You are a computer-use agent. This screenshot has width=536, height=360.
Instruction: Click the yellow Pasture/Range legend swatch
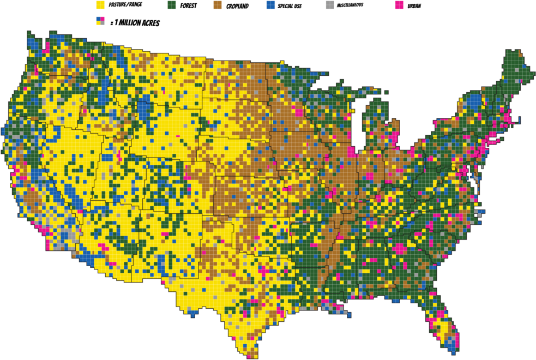coord(100,5)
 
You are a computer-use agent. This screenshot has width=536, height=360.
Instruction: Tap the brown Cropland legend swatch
coord(217,5)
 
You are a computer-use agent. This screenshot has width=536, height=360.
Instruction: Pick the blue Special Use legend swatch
coord(270,5)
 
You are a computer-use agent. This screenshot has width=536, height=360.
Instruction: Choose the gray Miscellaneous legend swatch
coord(329,5)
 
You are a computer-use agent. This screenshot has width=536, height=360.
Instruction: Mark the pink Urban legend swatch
coord(399,5)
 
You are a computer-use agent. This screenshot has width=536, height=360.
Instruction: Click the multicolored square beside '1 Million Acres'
coord(100,21)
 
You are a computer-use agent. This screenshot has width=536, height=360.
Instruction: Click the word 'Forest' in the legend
coord(189,5)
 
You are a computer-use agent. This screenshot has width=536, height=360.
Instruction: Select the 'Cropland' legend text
coord(238,5)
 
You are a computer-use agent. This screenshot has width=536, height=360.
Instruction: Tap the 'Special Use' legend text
coord(290,5)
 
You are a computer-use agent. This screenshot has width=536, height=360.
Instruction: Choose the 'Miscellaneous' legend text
coord(351,5)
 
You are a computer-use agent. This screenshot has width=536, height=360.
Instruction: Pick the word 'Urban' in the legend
coord(414,5)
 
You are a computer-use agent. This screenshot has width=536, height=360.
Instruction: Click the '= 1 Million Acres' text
coord(135,23)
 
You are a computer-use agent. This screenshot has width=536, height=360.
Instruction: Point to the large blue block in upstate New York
coord(473,101)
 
